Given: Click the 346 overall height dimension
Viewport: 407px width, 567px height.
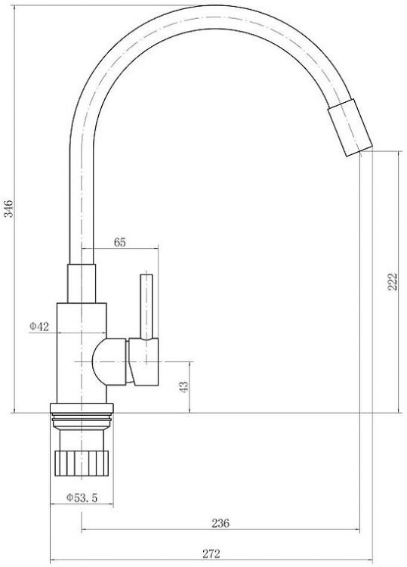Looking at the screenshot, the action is tap(8, 209).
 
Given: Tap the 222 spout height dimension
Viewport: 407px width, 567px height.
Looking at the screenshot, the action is tap(393, 281).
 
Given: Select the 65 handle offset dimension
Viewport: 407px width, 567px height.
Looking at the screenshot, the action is tap(120, 242).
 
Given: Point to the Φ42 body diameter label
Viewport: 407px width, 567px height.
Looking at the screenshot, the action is tap(39, 327).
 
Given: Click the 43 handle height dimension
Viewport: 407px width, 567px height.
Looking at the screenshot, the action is tap(183, 387).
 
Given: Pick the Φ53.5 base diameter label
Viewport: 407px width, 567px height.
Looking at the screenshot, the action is tap(82, 498).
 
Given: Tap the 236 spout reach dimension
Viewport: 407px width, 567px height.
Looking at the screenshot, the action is tap(220, 523).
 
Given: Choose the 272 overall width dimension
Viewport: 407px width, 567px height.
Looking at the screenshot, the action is tap(211, 553).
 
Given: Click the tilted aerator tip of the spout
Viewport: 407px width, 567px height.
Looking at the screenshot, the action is tap(350, 127).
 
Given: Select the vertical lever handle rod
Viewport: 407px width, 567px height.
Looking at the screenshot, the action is tap(146, 307).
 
